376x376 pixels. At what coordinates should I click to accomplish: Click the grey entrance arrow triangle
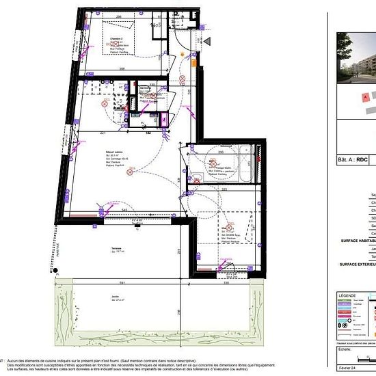pos(208,41)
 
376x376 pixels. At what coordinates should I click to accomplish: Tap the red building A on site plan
pos(366,98)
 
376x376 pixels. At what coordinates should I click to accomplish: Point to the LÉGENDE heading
pos(347,295)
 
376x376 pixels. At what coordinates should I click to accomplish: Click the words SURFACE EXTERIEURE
pos(357,263)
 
